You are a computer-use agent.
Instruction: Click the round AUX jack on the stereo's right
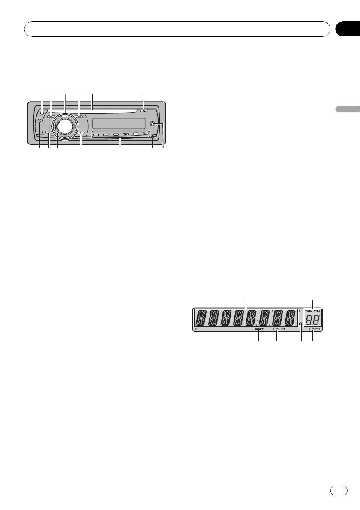click(153, 124)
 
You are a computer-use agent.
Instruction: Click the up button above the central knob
click(64, 116)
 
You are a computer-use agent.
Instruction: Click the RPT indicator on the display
click(259, 330)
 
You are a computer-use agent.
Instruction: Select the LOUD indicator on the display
click(278, 330)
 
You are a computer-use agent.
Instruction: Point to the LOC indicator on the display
click(313, 330)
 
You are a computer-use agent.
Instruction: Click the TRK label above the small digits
click(309, 312)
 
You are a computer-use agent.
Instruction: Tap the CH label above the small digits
click(317, 312)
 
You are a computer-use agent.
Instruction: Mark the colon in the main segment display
click(256, 319)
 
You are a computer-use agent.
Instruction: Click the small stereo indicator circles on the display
click(301, 324)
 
